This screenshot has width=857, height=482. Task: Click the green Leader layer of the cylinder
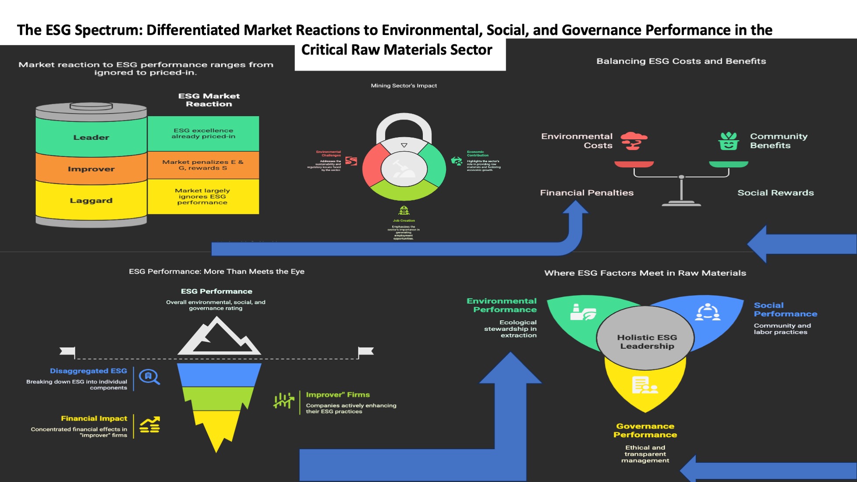click(x=91, y=137)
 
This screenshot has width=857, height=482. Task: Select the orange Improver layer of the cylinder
click(x=91, y=169)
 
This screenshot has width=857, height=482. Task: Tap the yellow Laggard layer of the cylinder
click(x=91, y=200)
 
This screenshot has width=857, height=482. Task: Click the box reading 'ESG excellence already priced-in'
click(x=203, y=134)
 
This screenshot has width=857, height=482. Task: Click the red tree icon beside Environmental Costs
click(x=634, y=141)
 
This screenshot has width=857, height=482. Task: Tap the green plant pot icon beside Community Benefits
click(x=729, y=141)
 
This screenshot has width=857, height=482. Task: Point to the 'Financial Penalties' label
click(x=587, y=193)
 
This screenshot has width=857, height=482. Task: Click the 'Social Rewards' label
click(x=776, y=193)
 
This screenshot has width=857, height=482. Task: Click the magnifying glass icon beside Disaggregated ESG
click(x=149, y=377)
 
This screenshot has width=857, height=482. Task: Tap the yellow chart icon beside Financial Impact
click(x=150, y=425)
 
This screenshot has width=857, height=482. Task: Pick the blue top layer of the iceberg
click(x=219, y=375)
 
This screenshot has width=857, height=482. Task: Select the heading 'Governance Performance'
click(x=645, y=430)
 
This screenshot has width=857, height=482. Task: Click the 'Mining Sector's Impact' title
click(x=404, y=85)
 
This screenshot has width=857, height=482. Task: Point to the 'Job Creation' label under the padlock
click(x=404, y=220)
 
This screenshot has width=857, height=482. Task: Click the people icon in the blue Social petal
click(x=708, y=312)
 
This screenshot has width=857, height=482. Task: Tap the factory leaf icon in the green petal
click(x=582, y=312)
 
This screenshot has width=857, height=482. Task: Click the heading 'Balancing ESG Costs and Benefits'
click(x=681, y=61)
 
